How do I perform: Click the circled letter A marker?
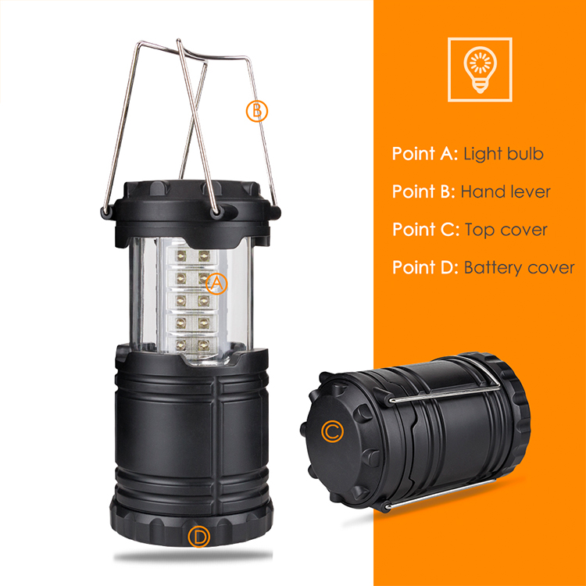[216, 284]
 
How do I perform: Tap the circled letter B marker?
[257, 111]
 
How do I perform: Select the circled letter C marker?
[332, 431]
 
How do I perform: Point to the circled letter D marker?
[198, 537]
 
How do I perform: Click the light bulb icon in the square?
[480, 70]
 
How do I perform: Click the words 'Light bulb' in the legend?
[503, 154]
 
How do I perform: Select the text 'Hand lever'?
[506, 191]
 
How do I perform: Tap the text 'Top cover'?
[506, 230]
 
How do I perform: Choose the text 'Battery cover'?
[519, 267]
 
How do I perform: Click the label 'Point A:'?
[425, 154]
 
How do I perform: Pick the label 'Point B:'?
[423, 191]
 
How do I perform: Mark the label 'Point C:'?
[426, 230]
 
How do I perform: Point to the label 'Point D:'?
[425, 267]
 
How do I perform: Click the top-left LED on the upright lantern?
[181, 256]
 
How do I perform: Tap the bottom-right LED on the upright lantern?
[203, 345]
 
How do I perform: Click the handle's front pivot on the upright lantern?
[216, 213]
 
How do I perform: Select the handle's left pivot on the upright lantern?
[106, 212]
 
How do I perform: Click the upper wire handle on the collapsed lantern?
[445, 391]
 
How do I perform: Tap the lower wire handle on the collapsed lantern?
[441, 492]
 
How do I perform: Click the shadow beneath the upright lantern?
[193, 556]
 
